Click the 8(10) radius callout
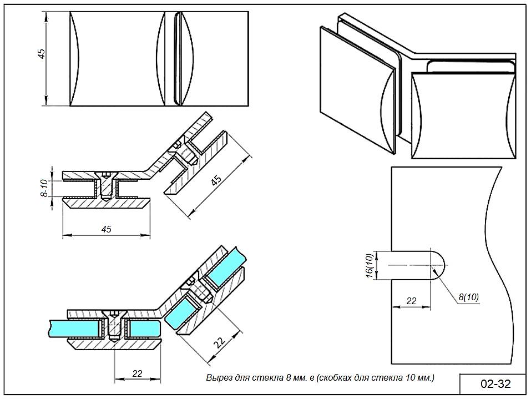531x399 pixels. point(469,297)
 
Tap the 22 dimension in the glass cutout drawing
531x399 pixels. point(411,301)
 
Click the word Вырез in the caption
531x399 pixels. point(217,378)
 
